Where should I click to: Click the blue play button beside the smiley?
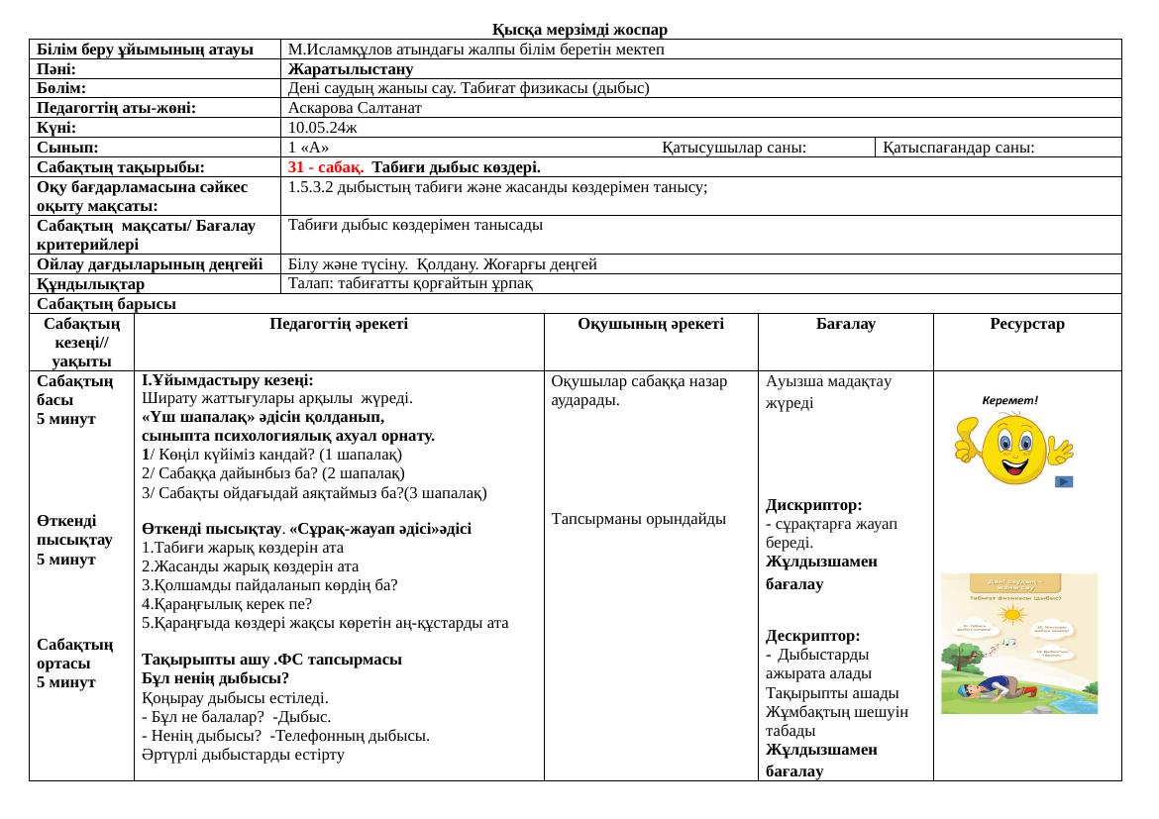1063,482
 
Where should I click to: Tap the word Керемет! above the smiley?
1009,401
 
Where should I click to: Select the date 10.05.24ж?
323,128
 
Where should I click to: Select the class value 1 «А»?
309,148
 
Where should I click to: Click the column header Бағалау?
845,324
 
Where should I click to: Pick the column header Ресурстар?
1027,324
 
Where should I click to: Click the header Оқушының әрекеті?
650,324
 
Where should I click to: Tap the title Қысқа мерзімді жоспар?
579,30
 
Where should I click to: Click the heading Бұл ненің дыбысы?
215,678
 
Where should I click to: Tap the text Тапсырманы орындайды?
639,518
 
